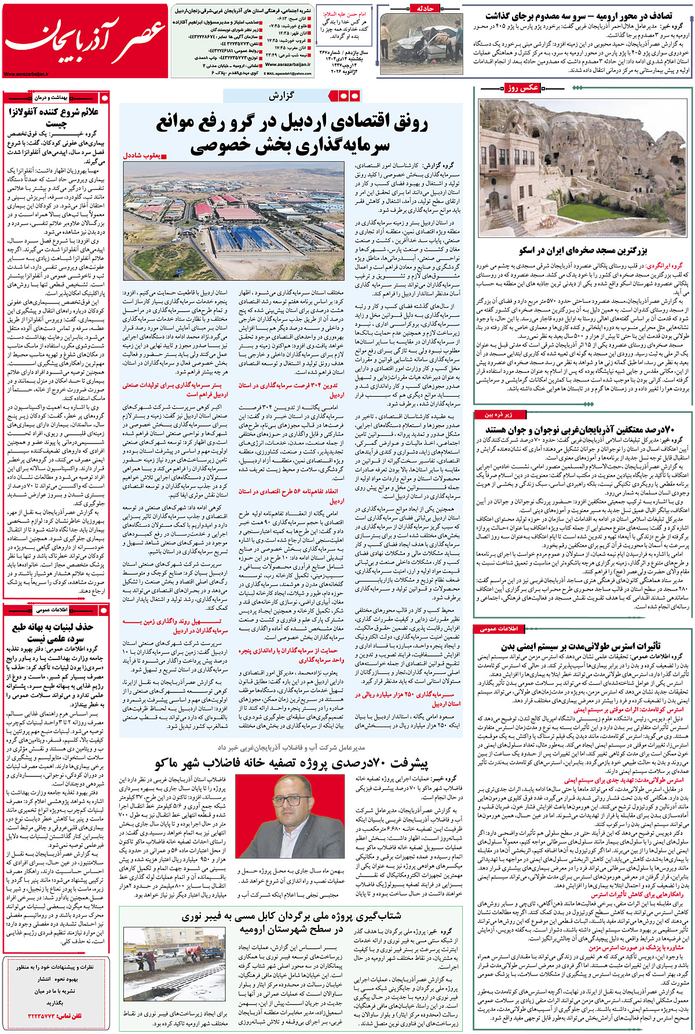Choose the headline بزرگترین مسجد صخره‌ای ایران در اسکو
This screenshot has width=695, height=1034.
(583, 250)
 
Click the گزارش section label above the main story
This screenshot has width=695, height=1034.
(281, 96)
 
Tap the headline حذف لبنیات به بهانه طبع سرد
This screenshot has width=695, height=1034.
(53, 632)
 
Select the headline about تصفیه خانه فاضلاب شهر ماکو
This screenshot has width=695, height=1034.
(292, 764)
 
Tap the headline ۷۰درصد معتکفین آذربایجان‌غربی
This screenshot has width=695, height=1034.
(580, 430)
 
